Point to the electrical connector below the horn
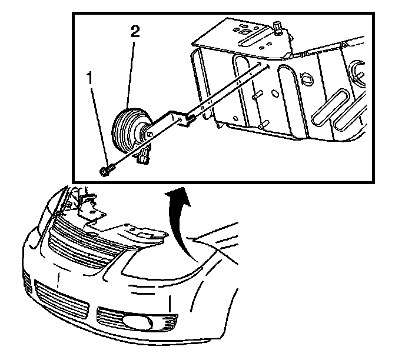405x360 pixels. point(144,156)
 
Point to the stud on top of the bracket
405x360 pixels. point(275,28)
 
